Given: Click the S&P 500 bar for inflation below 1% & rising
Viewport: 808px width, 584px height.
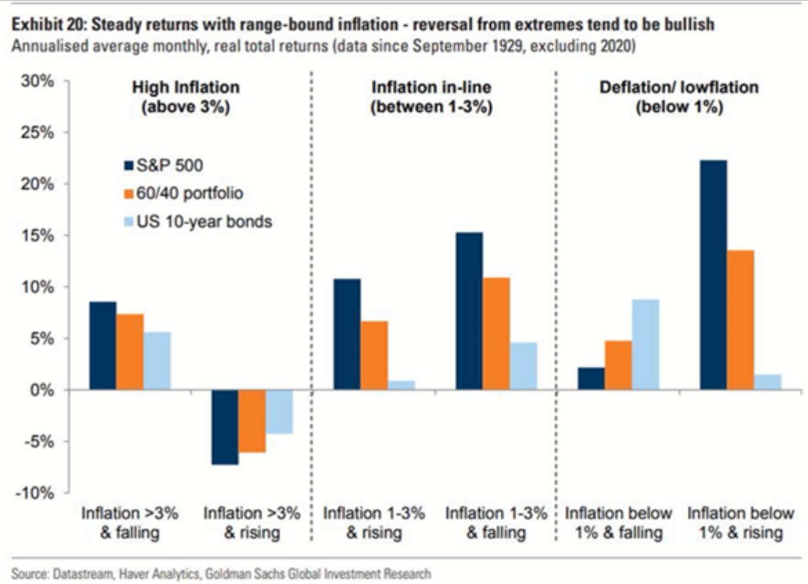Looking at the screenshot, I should [713, 275].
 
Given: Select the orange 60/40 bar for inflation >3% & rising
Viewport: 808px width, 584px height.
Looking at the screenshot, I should [252, 421].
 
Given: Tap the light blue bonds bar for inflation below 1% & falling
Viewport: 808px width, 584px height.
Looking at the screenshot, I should [646, 344].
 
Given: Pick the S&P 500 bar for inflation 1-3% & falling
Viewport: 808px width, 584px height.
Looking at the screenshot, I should [469, 311].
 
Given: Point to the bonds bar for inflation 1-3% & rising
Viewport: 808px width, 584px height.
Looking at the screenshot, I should [401, 385].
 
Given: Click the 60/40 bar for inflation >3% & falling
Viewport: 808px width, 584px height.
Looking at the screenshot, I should [130, 352].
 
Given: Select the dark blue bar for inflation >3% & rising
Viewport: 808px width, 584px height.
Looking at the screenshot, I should [225, 427].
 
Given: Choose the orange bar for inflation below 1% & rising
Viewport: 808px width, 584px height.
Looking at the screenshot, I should [740, 320].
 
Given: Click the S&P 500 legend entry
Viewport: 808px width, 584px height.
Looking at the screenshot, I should [164, 165].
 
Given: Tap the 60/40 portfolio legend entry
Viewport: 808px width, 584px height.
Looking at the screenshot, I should [183, 193].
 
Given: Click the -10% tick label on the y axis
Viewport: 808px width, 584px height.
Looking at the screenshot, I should [35, 493].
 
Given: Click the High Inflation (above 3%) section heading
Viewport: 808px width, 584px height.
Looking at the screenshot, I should [186, 97].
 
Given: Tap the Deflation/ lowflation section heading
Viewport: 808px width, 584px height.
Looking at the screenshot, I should [678, 97].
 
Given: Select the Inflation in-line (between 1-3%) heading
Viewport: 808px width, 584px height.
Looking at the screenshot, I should [431, 97].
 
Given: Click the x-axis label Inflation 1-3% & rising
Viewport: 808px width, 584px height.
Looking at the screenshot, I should [374, 522].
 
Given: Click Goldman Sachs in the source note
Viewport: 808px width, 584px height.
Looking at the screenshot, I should [235, 574].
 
